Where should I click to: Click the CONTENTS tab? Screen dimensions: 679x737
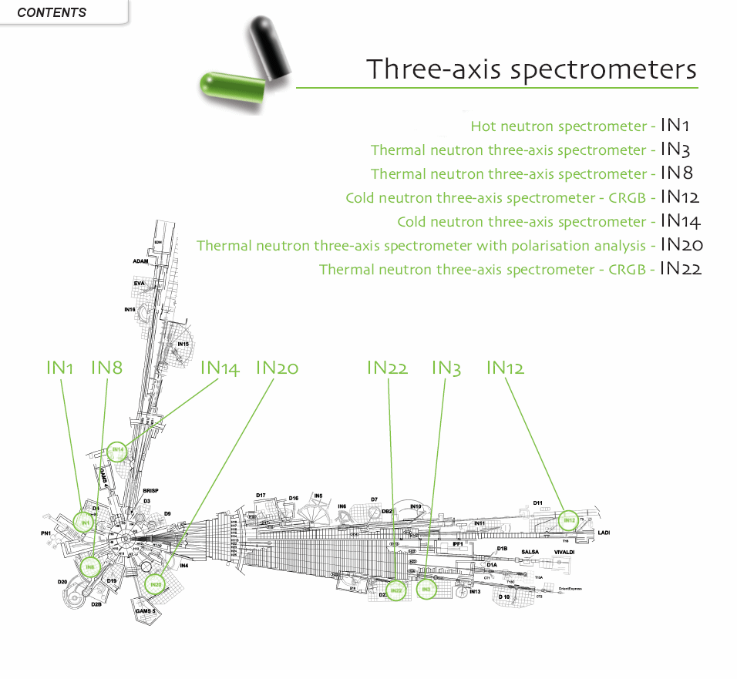click(52, 12)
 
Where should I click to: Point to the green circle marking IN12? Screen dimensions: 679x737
click(568, 520)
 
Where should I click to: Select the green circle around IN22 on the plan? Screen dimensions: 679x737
click(396, 591)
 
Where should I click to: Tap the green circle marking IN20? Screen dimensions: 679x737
click(156, 585)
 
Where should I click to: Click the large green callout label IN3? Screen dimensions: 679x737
click(446, 368)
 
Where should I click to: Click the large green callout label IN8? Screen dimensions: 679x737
click(106, 368)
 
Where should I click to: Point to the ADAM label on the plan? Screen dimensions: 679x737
click(140, 261)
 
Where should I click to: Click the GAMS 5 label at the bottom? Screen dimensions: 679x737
click(146, 610)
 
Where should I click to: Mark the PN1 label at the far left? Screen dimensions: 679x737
click(46, 533)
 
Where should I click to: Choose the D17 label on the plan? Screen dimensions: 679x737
click(261, 495)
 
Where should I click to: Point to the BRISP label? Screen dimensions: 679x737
click(150, 490)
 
